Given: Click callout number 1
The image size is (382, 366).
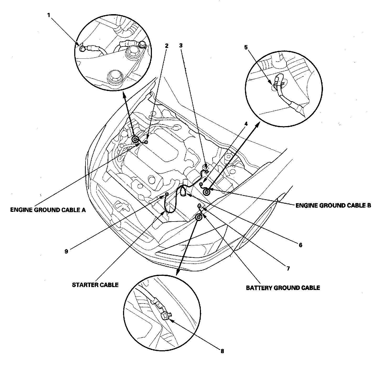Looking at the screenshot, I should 48,15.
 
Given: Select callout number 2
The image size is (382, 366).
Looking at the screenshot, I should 166,46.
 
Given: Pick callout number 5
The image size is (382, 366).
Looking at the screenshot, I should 246,47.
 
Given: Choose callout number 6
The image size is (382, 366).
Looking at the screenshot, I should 300,245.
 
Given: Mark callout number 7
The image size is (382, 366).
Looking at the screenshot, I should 288,268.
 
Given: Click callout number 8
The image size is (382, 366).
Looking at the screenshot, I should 222,351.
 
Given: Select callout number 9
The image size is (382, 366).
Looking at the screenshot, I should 66,251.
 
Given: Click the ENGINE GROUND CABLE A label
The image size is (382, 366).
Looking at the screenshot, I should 48,210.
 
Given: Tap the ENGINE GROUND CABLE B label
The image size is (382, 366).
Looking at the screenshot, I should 333,206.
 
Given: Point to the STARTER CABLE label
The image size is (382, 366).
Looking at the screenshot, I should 95,285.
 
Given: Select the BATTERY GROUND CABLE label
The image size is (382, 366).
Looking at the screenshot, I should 283,288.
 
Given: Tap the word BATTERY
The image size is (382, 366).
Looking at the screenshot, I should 259,288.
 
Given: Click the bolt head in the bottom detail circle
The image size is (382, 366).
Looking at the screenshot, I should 165,316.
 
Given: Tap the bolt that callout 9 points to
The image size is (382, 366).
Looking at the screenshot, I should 166,194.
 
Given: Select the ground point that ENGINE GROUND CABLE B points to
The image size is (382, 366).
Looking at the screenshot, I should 207,192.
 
